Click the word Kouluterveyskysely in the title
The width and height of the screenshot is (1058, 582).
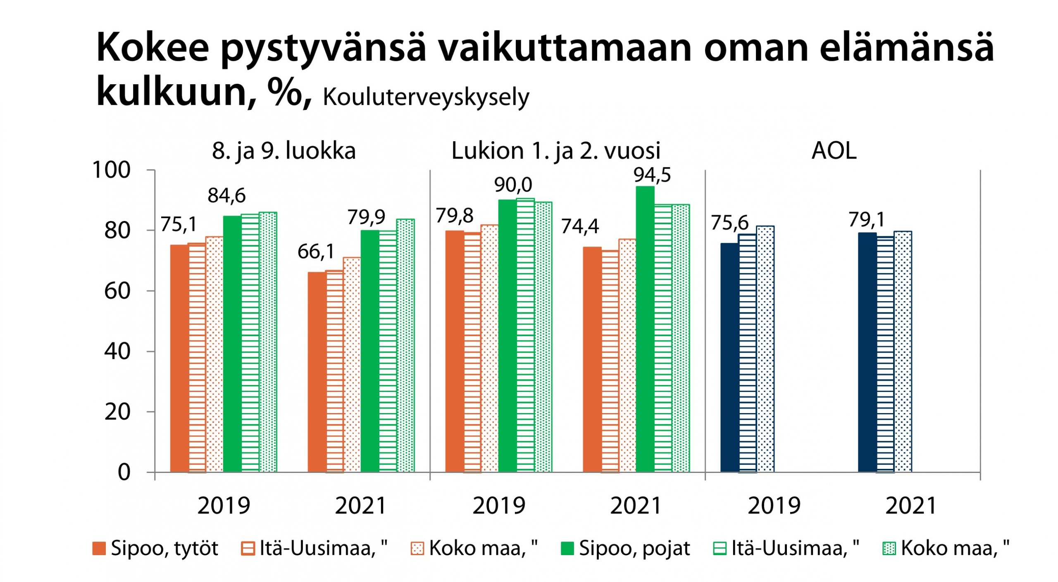[426, 97]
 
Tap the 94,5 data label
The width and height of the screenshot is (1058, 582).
[652, 175]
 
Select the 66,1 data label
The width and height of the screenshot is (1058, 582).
[316, 252]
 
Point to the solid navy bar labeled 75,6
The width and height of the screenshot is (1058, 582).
[729, 357]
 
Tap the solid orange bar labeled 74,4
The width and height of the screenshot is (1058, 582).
[592, 359]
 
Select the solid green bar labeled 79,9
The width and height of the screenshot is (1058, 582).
[369, 351]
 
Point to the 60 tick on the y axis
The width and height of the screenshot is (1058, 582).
[117, 291]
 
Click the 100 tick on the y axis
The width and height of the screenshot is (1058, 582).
[112, 170]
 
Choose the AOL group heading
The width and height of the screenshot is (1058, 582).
[834, 151]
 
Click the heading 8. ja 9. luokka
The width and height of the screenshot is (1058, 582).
[284, 151]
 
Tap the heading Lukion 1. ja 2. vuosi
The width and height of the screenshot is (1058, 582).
[556, 151]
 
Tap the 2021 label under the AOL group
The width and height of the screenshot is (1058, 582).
[911, 506]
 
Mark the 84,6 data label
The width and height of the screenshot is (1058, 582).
[226, 196]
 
